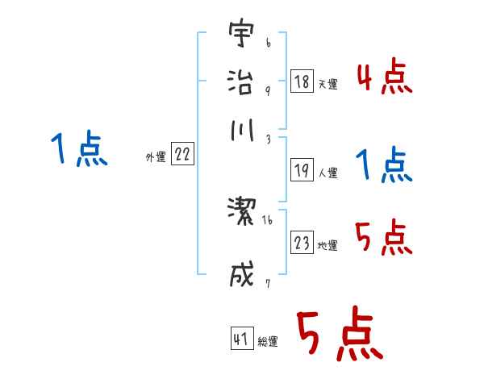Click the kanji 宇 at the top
coord(240,35)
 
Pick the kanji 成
coord(240,274)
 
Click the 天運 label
coord(328,84)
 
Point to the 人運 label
coord(328,173)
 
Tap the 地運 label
coord(328,245)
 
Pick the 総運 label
coord(268,341)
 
